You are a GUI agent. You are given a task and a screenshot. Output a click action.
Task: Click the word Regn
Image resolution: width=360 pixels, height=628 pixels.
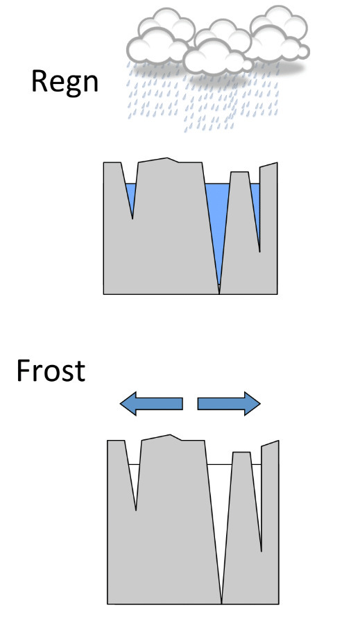point(65,83)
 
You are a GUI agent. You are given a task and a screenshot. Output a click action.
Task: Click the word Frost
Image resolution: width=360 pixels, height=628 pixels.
point(51,371)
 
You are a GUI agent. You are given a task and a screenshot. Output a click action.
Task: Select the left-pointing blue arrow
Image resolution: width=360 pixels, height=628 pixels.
point(151,404)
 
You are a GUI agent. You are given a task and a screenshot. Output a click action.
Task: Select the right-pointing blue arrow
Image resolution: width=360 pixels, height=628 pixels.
point(229,404)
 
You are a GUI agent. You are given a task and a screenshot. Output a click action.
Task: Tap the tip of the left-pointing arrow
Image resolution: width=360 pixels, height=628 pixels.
point(120,404)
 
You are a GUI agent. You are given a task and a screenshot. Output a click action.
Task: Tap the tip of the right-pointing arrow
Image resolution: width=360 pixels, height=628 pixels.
point(260,404)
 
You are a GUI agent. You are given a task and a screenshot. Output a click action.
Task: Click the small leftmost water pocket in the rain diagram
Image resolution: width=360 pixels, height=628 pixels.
point(131,196)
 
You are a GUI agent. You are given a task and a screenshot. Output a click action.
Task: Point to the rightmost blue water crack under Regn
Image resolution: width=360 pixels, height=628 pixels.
point(256,208)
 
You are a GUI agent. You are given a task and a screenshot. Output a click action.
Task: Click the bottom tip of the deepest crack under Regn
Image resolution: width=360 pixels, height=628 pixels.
point(219,294)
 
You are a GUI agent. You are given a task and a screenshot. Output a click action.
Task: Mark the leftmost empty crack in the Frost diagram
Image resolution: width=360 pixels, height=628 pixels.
point(134,481)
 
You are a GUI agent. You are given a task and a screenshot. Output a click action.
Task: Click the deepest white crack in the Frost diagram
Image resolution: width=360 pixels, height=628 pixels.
point(221,520)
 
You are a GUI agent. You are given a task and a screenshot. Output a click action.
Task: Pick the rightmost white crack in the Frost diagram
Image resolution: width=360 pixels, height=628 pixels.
point(258,497)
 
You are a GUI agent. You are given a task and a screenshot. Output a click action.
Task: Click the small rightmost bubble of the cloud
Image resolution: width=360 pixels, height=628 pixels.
point(304,51)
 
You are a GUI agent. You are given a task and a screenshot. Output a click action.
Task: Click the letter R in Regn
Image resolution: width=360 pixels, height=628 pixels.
point(40,81)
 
